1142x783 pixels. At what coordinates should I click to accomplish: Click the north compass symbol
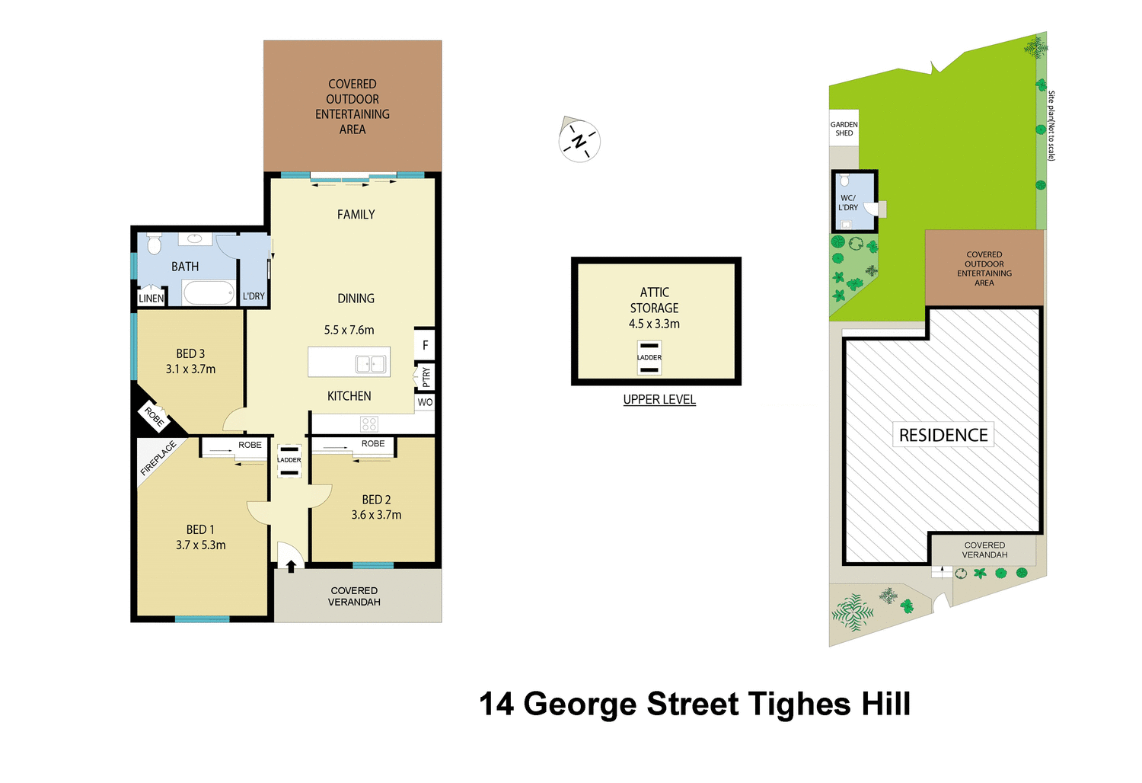pos(579,141)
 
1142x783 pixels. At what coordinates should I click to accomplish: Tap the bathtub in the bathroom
pos(209,293)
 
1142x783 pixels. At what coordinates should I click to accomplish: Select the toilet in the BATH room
pos(155,244)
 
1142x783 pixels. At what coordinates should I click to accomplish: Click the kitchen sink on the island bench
pos(371,364)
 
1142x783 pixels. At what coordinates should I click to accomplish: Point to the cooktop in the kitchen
pos(369,424)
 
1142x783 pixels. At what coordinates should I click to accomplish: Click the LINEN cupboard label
pos(151,299)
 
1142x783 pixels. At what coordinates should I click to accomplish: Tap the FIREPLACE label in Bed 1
pos(158,459)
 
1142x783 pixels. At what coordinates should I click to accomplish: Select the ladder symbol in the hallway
pos(289,461)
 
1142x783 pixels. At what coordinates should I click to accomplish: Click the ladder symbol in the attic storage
pos(649,357)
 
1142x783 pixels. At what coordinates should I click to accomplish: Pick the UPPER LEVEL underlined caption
pos(659,400)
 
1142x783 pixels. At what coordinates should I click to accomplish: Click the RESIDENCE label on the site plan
pos(943,435)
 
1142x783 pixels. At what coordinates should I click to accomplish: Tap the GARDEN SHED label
pos(844,129)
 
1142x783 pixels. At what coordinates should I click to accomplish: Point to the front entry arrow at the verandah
pos(291,566)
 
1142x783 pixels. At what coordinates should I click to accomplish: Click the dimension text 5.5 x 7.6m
pos(349,331)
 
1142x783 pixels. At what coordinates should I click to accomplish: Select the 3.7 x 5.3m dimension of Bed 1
pos(200,545)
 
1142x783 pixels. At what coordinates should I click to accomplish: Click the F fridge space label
pos(425,346)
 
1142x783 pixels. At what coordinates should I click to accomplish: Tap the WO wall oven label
pos(425,402)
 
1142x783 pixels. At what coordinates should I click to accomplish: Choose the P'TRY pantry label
pos(426,376)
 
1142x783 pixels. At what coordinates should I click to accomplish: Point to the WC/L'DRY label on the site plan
pos(847,203)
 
